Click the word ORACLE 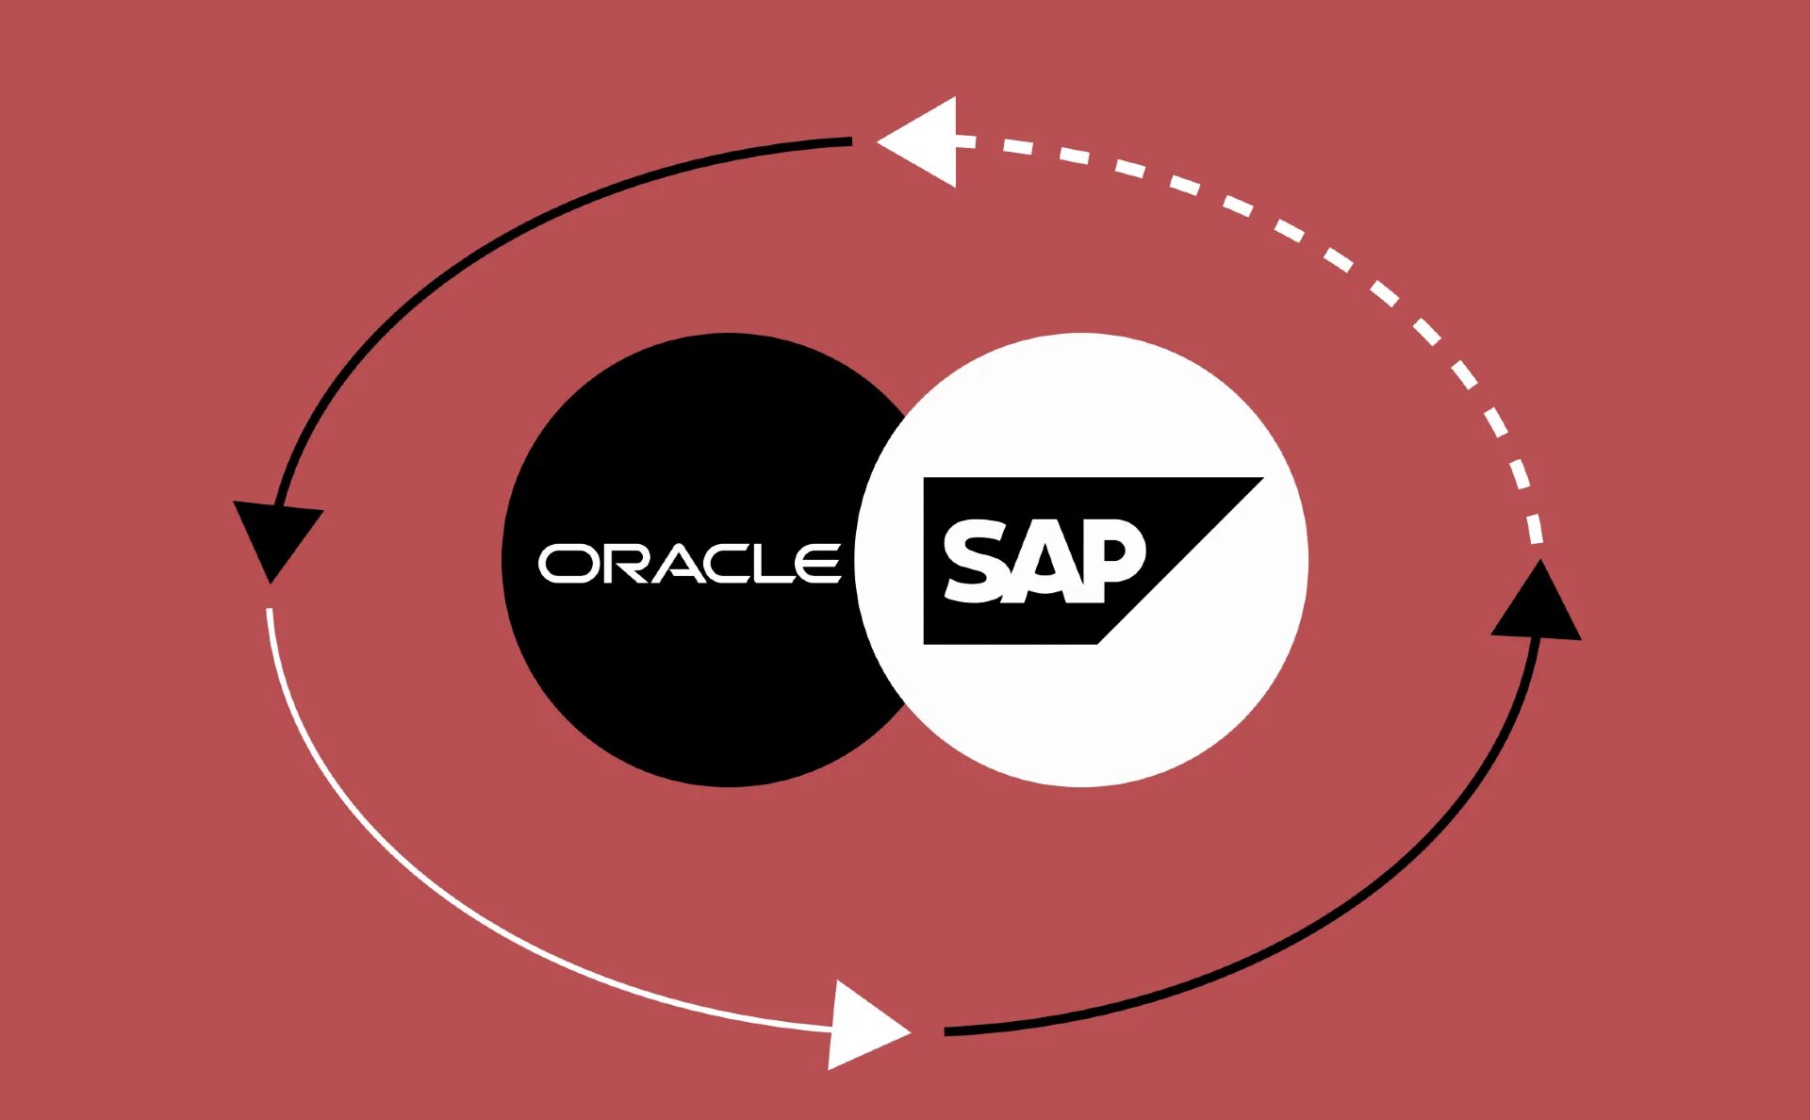point(689,563)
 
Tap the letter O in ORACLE point(564,564)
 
